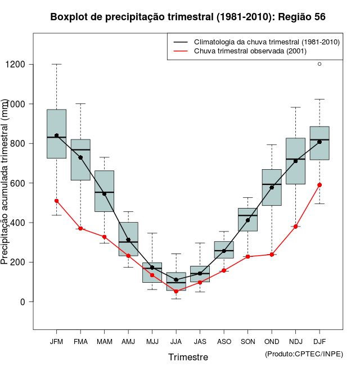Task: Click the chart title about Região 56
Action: click(188, 17)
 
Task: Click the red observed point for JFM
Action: click(56, 201)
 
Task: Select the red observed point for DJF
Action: click(319, 185)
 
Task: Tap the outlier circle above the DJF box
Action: click(319, 64)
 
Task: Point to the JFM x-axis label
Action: click(56, 341)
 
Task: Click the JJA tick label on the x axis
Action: click(176, 341)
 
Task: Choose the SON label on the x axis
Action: click(247, 341)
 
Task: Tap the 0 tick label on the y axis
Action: click(23, 302)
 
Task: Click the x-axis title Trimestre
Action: click(188, 357)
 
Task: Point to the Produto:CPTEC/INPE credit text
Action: click(304, 354)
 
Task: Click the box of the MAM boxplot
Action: click(104, 191)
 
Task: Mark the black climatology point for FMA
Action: click(80, 158)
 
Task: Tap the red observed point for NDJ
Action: click(295, 227)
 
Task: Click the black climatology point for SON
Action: click(247, 220)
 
